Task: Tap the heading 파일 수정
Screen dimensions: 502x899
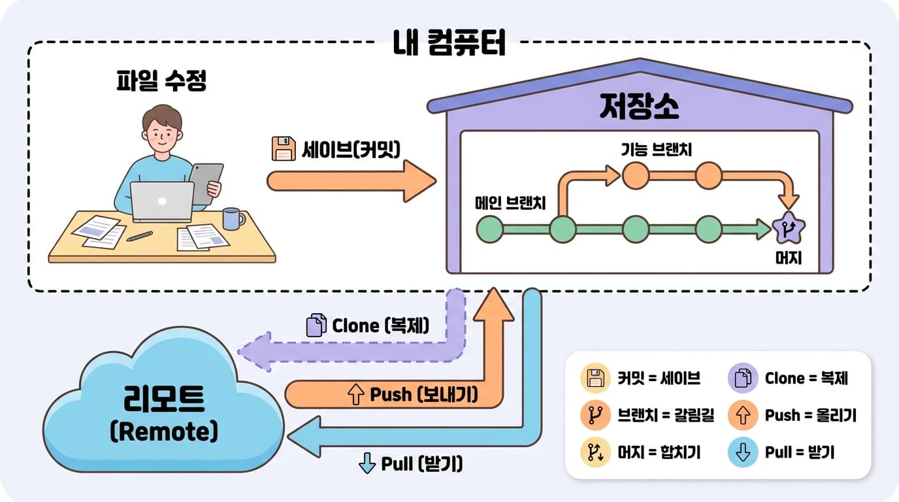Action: coord(161,82)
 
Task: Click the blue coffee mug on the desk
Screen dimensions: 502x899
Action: coord(231,218)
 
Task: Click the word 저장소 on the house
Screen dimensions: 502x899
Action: coord(639,108)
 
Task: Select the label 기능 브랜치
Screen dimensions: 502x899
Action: coord(656,150)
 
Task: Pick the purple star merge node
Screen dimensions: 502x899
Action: coord(788,229)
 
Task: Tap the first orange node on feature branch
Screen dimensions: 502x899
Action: coord(636,175)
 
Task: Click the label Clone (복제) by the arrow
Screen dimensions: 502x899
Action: coord(380,325)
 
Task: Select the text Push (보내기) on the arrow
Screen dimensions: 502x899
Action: coord(423,395)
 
